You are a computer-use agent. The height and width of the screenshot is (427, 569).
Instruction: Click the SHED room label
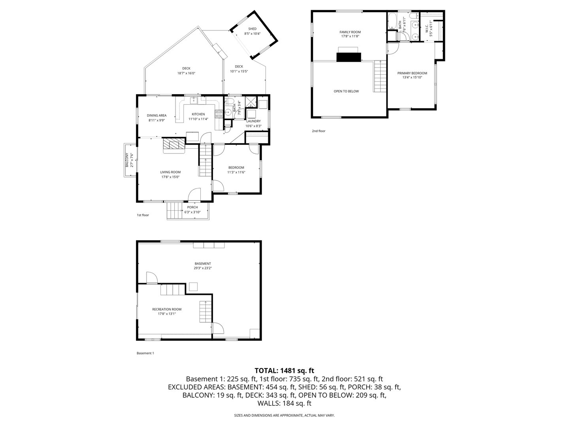click(252, 29)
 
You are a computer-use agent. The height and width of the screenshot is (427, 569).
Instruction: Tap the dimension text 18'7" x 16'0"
click(186, 73)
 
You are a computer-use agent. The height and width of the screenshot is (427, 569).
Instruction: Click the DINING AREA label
click(156, 115)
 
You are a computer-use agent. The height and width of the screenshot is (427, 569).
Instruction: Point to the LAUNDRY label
click(253, 121)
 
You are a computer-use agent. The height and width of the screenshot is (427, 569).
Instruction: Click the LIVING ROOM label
click(170, 172)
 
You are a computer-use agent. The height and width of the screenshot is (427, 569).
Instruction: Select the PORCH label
click(192, 207)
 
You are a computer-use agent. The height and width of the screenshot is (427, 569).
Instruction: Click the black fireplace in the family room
click(348, 57)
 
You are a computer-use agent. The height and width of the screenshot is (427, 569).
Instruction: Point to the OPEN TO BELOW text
click(346, 91)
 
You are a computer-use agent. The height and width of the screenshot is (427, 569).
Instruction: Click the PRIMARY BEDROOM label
click(412, 73)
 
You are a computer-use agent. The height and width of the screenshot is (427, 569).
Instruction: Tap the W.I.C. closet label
click(427, 28)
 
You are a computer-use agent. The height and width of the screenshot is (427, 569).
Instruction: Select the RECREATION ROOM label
click(167, 309)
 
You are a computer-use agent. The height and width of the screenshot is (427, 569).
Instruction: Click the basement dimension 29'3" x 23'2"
click(203, 268)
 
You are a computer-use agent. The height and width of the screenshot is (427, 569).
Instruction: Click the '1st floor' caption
click(143, 215)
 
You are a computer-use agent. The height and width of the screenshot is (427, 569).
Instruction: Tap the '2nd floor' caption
click(318, 131)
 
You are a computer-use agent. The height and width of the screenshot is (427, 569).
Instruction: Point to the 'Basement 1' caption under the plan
click(145, 353)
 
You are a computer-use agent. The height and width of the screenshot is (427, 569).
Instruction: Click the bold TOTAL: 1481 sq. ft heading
click(284, 370)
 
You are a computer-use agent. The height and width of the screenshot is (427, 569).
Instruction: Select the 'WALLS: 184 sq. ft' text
click(284, 403)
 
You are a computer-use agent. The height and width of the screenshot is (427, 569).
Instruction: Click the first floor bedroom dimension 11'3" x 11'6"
click(236, 172)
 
